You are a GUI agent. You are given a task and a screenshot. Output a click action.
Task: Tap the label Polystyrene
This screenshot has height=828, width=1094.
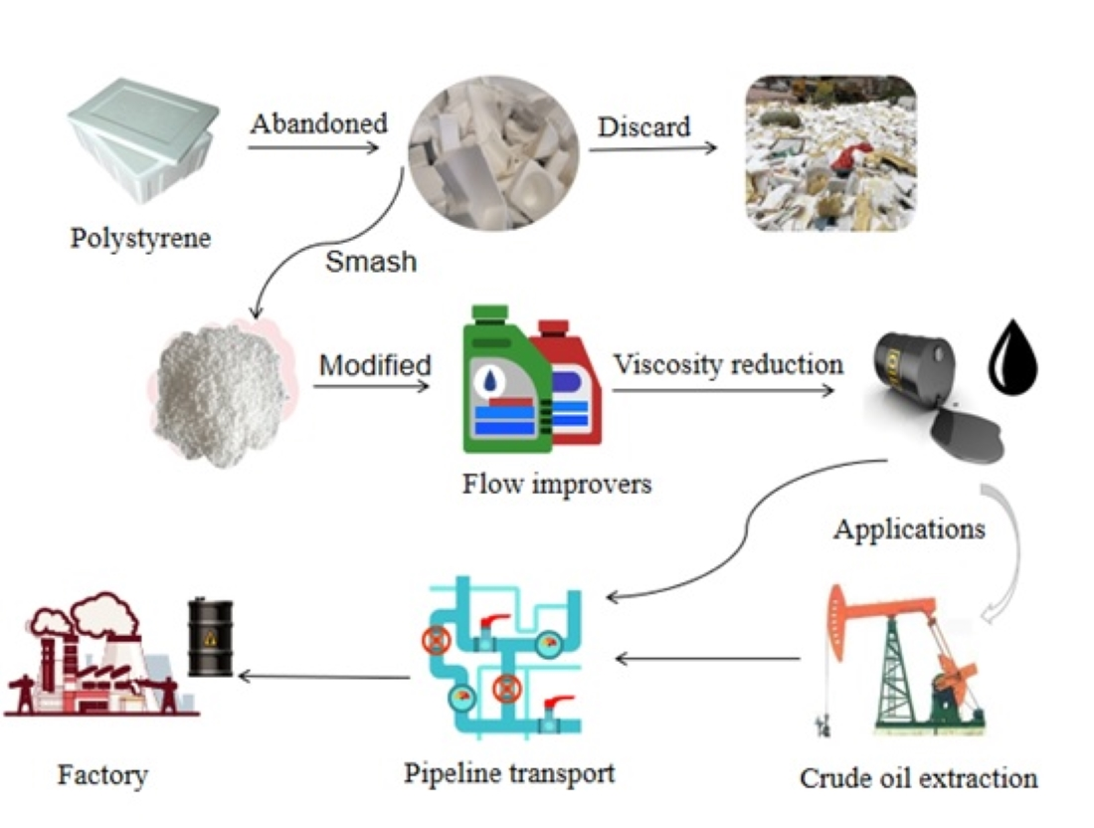(x=140, y=240)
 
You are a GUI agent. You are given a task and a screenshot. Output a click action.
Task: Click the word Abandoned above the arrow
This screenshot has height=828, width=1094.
(x=318, y=124)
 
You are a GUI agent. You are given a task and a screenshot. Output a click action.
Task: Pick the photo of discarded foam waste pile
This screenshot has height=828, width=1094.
(x=830, y=153)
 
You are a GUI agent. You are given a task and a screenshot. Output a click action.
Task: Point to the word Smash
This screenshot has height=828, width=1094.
(x=371, y=264)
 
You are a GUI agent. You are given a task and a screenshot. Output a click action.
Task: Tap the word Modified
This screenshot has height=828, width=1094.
(x=375, y=365)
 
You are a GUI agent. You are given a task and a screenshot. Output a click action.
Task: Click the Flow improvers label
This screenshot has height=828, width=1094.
(x=556, y=485)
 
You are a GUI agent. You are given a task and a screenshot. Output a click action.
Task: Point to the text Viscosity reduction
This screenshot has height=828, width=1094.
(x=727, y=364)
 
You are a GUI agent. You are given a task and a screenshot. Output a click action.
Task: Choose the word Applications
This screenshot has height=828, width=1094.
(x=909, y=528)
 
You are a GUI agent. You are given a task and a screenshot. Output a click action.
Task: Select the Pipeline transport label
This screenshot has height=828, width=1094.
(x=509, y=772)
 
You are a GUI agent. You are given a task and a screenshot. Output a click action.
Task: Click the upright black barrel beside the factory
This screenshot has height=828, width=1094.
(x=210, y=637)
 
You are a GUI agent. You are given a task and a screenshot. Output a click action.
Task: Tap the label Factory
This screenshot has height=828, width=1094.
(x=102, y=774)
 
